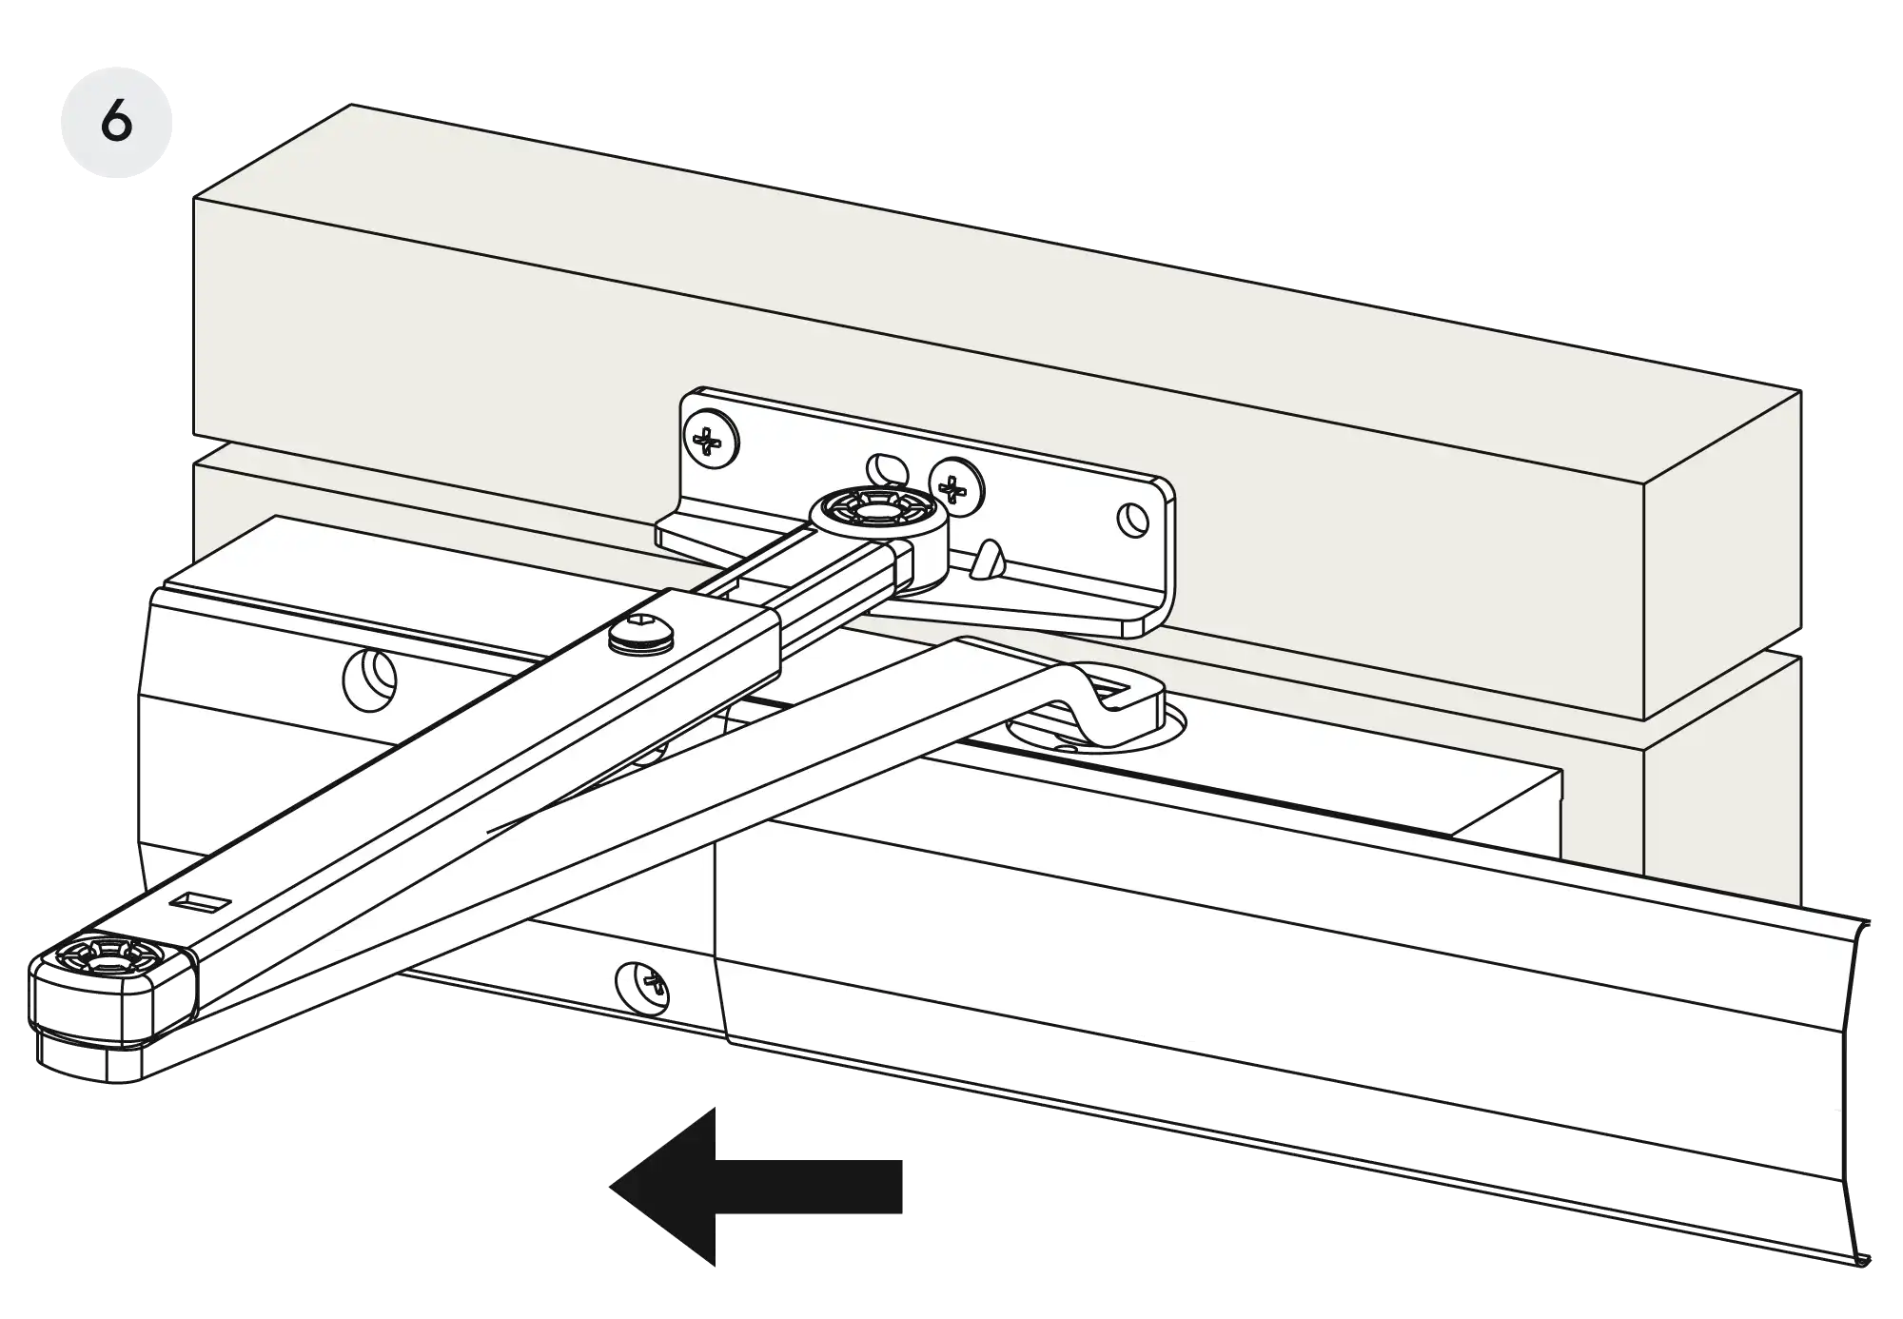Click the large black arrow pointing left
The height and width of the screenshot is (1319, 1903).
(x=755, y=1186)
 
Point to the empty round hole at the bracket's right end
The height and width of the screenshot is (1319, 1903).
(x=1132, y=520)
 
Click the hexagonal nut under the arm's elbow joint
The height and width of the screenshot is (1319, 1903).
(x=90, y=1062)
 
